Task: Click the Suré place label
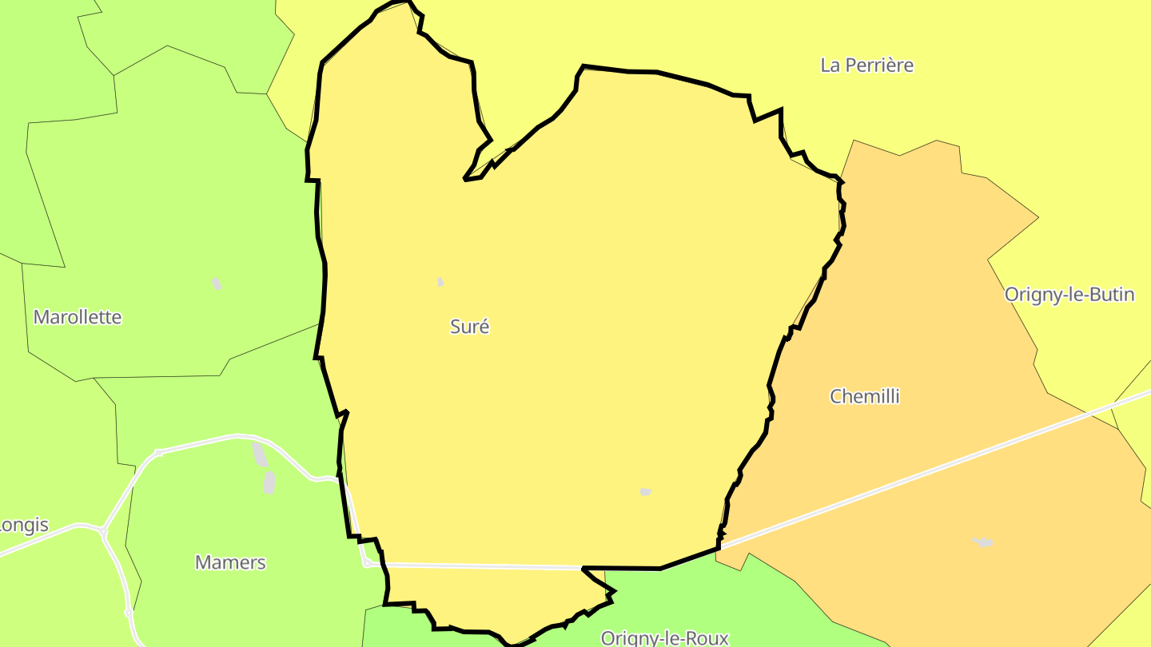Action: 469,326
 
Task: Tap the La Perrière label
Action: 866,65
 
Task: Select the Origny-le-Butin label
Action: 1069,294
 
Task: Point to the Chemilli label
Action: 864,395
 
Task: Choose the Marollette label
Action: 78,316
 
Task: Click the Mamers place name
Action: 230,562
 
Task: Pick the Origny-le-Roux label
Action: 664,637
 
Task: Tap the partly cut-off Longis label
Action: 24,525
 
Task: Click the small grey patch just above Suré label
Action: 440,282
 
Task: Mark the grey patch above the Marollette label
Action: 217,284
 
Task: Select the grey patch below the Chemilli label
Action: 983,542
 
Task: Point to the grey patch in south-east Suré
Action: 646,491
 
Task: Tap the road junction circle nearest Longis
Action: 103,530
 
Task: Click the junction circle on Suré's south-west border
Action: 367,563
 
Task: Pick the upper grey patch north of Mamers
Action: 260,454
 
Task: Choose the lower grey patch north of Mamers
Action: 269,482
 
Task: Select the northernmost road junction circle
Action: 158,453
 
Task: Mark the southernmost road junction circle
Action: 129,613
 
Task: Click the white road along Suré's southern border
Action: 480,566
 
